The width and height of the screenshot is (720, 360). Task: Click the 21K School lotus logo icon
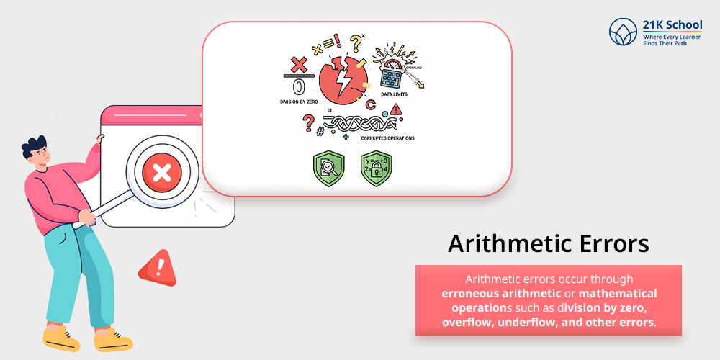pyautogui.click(x=623, y=32)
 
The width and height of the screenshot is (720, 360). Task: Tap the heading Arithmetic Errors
pyautogui.click(x=549, y=243)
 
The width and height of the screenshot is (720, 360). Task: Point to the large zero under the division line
pyautogui.click(x=297, y=87)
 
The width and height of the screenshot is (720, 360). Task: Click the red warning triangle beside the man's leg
pyautogui.click(x=157, y=267)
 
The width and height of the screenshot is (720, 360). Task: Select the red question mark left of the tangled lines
pyautogui.click(x=309, y=121)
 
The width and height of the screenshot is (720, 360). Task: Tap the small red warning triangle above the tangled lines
pyautogui.click(x=395, y=110)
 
